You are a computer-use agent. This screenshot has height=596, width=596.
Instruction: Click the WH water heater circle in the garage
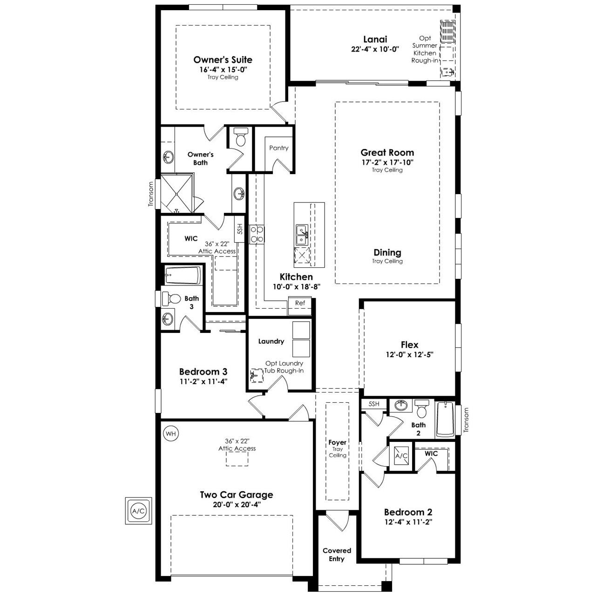pos(171,433)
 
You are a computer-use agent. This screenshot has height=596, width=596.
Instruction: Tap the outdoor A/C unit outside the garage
pos(138,511)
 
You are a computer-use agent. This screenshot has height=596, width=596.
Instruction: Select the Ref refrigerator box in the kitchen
pos(300,306)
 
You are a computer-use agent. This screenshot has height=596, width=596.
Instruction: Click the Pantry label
pos(278,148)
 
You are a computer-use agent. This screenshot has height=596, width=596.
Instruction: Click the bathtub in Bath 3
pos(183,275)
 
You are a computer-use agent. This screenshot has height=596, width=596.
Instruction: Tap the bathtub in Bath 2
pos(445,419)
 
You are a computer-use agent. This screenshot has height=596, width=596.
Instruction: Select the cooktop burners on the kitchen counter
pos(257,234)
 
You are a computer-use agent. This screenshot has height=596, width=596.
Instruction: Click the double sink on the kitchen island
pos(302,236)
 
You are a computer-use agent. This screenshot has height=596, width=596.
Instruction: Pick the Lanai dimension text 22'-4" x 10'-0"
pos(375,49)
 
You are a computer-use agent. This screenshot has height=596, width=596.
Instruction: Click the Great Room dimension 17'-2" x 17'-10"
pos(387,162)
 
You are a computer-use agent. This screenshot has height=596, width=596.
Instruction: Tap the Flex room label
pos(409,345)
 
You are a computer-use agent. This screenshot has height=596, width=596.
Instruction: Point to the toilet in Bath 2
pos(421,408)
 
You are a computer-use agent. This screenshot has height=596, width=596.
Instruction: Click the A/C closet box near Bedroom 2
pos(401,455)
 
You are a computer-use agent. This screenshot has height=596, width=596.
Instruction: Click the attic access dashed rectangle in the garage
pos(237,459)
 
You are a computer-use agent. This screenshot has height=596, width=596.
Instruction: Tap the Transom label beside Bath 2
pos(466,420)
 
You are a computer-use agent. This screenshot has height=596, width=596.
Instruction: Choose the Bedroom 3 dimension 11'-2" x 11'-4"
pos(203,381)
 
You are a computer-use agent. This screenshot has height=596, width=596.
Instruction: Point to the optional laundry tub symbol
pos(256,375)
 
